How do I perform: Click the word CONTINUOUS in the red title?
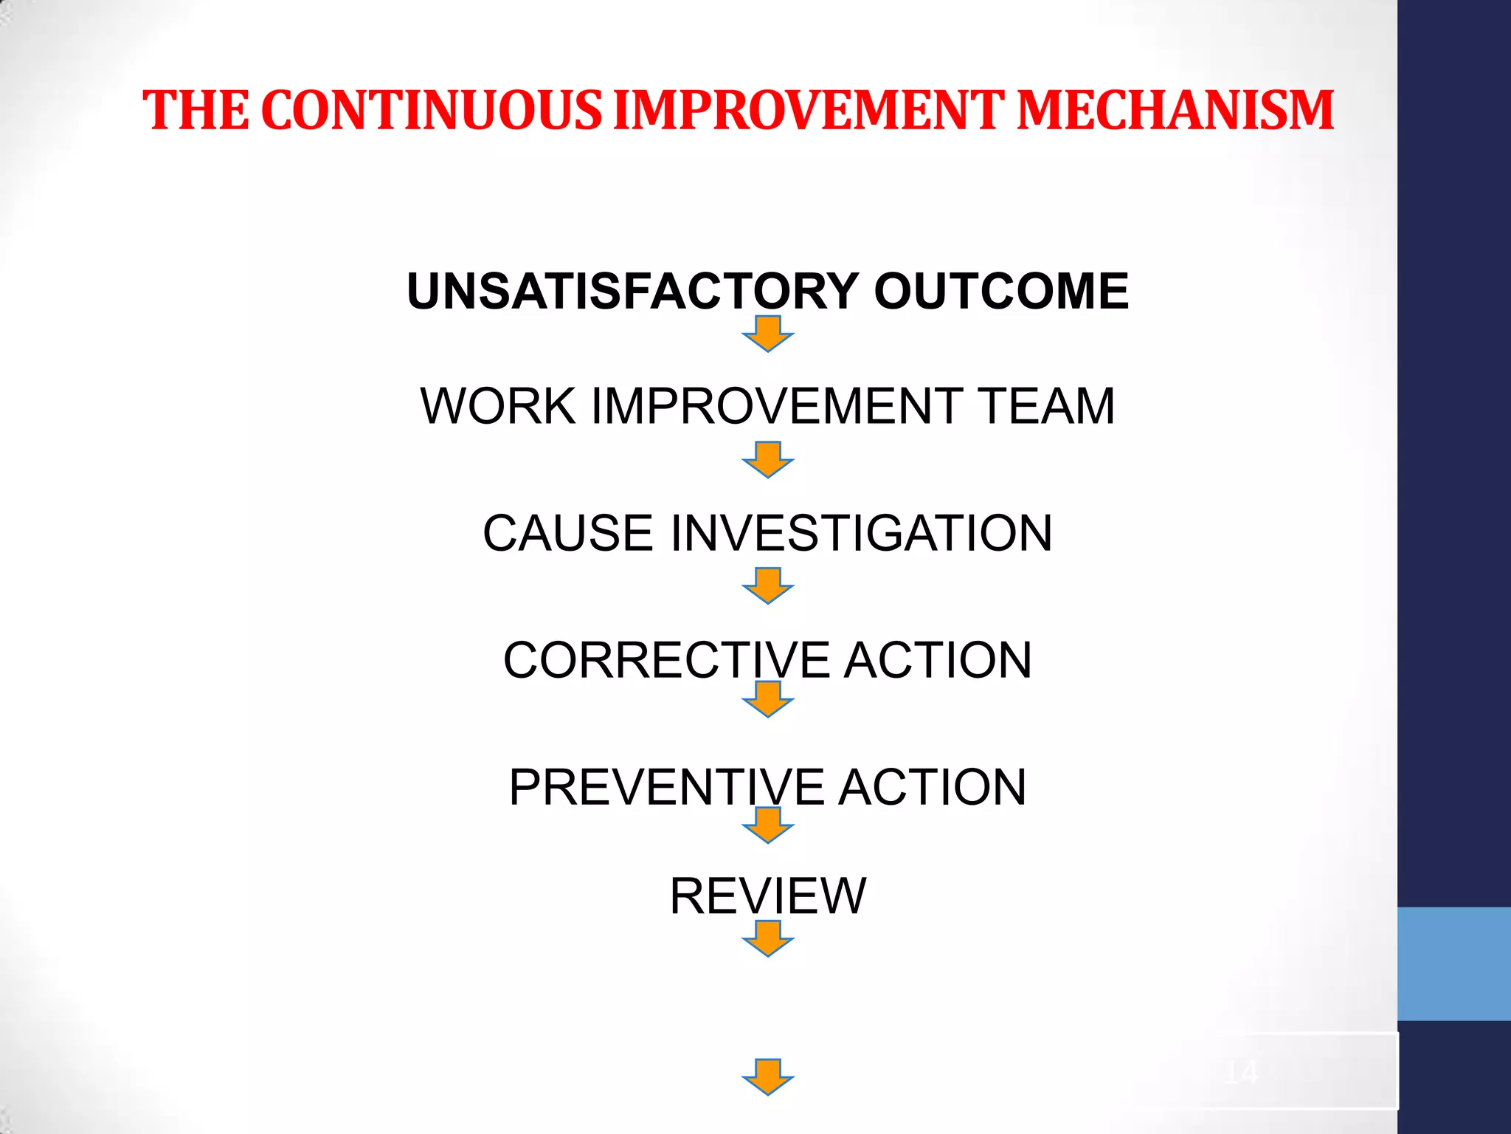point(432,111)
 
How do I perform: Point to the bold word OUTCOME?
point(1001,291)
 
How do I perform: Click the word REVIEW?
point(767,896)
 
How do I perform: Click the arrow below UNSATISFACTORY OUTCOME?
point(768,334)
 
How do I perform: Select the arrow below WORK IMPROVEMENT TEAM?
point(768,460)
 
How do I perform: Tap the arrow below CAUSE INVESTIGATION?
point(768,585)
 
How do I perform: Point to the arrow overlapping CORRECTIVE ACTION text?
point(768,698)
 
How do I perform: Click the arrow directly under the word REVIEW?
point(768,938)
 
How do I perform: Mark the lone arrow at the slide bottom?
point(768,1077)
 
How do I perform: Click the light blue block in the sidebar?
point(1454,963)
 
